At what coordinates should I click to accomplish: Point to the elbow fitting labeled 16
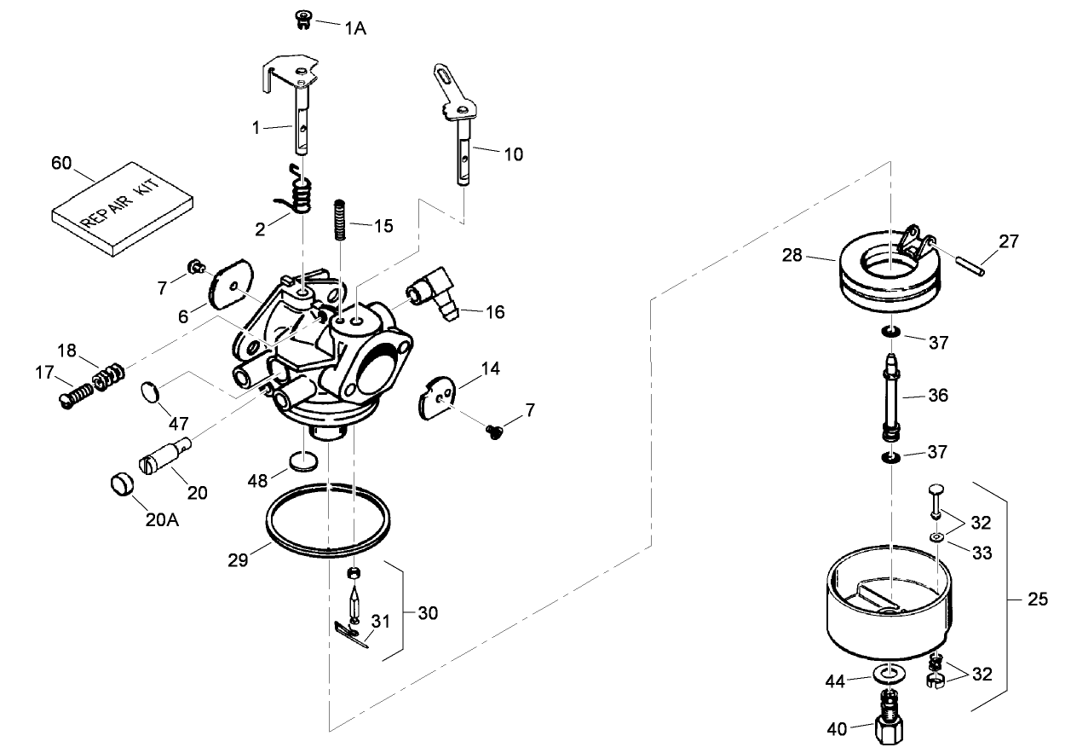pos(435,294)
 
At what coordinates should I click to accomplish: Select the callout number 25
pos(1037,600)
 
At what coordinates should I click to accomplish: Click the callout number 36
pos(937,396)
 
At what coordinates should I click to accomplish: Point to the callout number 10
pos(514,154)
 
